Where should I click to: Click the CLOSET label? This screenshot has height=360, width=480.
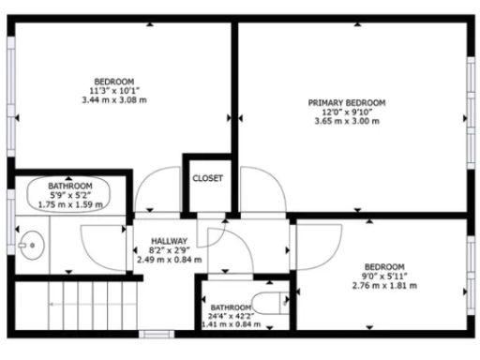tap(207, 178)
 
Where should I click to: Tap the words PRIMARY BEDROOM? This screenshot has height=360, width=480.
tap(347, 101)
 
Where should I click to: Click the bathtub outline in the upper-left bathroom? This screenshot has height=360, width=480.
tap(66, 194)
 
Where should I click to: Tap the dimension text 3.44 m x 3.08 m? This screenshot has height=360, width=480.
tap(114, 99)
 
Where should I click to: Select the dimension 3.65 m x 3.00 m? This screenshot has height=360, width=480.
tap(347, 121)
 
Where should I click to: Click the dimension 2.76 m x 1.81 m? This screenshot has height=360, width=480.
tap(384, 286)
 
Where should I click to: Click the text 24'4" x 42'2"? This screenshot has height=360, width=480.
tap(230, 316)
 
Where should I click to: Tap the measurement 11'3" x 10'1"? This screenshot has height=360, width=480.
tap(114, 90)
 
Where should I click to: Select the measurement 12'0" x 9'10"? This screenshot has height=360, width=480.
tap(347, 111)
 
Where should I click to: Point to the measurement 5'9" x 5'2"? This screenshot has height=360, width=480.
tap(70, 195)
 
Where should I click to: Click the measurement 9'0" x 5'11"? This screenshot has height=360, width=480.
tap(384, 276)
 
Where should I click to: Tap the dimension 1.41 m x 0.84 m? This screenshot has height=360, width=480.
tap(230, 325)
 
